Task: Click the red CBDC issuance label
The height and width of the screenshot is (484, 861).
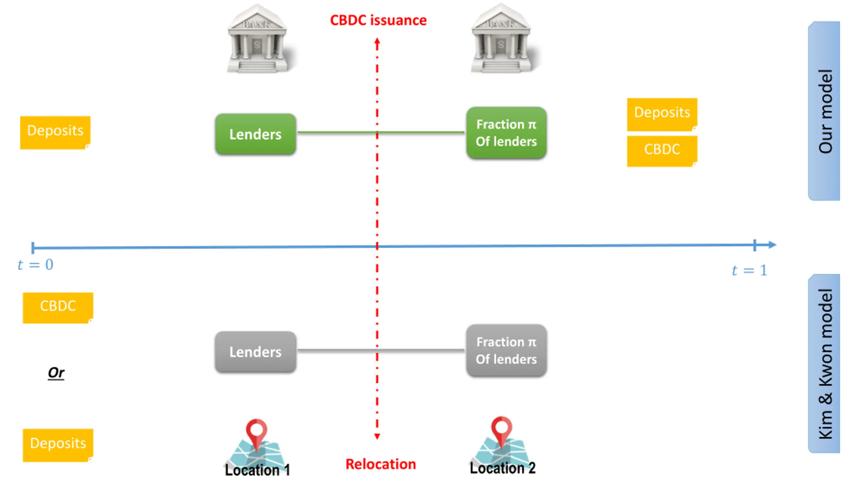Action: click(378, 20)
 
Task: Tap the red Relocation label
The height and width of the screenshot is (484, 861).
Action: click(381, 464)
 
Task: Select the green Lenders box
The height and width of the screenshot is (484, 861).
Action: click(256, 134)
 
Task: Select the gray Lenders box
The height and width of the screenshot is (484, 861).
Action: click(256, 352)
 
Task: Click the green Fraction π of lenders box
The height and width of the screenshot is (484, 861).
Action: click(506, 133)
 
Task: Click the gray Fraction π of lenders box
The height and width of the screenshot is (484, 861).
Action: click(506, 351)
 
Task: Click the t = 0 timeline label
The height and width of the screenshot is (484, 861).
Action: click(36, 265)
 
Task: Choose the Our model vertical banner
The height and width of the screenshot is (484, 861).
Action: click(824, 111)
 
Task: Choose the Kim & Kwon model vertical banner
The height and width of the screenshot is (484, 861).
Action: click(824, 364)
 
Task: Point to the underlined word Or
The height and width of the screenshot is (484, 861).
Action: click(56, 372)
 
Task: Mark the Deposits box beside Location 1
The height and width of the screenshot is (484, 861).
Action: click(58, 445)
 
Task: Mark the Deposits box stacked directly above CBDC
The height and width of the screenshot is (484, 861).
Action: click(662, 114)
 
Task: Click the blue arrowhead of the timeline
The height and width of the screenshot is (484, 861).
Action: click(772, 245)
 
